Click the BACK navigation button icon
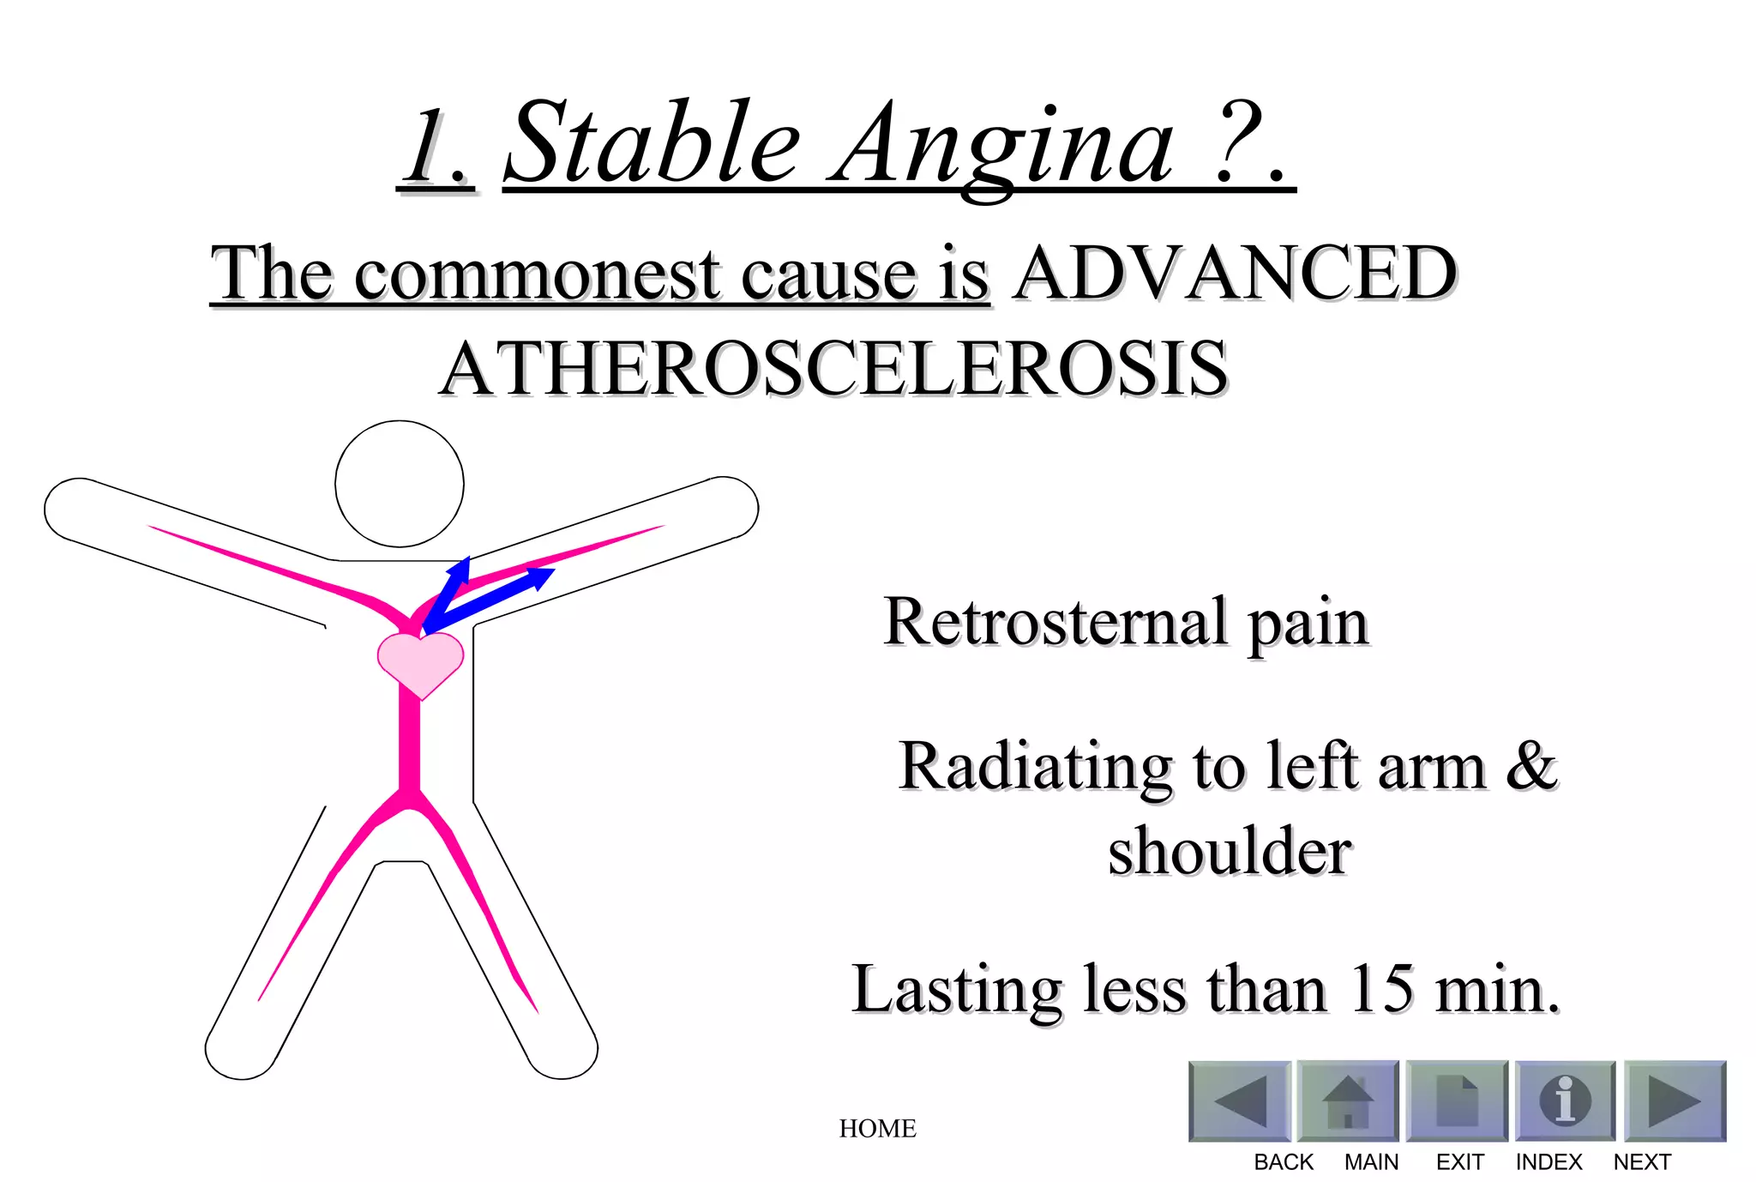[x=1240, y=1101]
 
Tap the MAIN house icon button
[x=1348, y=1101]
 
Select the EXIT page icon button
[x=1457, y=1101]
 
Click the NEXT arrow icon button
[x=1675, y=1101]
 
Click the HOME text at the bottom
[x=877, y=1128]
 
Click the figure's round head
[x=400, y=484]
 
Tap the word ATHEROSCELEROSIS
[x=833, y=368]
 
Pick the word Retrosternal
[x=1055, y=621]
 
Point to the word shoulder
[x=1230, y=851]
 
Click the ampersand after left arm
[x=1531, y=765]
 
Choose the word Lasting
[x=958, y=989]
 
